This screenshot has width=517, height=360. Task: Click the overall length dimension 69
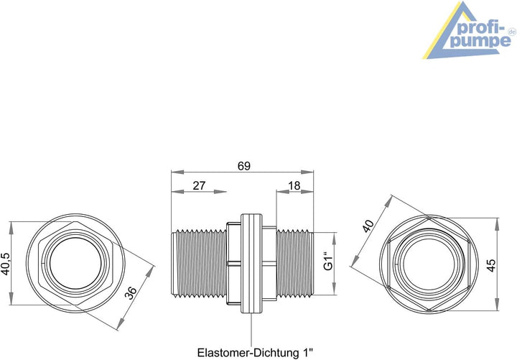click(x=244, y=166)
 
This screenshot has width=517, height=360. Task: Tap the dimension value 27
click(x=199, y=186)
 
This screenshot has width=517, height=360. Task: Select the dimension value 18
click(x=294, y=186)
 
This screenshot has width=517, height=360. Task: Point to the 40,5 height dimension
click(x=6, y=264)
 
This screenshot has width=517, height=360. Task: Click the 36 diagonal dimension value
click(x=131, y=292)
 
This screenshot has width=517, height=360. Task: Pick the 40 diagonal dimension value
click(x=368, y=226)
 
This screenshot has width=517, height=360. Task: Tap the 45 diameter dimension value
click(x=491, y=265)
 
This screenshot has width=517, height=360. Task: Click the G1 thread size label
click(x=329, y=261)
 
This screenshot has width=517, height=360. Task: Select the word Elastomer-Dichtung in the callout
click(x=249, y=352)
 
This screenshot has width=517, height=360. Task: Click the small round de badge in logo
click(x=512, y=32)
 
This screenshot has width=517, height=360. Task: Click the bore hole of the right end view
click(x=429, y=264)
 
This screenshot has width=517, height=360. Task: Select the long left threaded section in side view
click(x=199, y=263)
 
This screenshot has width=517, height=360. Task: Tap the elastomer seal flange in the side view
click(x=251, y=263)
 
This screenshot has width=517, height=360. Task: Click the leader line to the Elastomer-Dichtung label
click(x=251, y=329)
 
